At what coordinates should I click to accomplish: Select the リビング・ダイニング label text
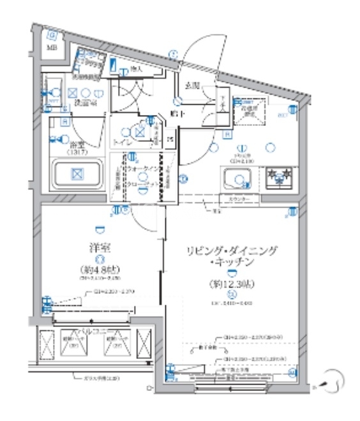point(231,251)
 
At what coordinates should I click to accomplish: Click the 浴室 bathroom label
point(79,144)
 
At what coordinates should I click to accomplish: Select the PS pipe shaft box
point(169,139)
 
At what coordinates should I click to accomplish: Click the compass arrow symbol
point(332,381)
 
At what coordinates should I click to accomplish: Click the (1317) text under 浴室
point(77,153)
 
